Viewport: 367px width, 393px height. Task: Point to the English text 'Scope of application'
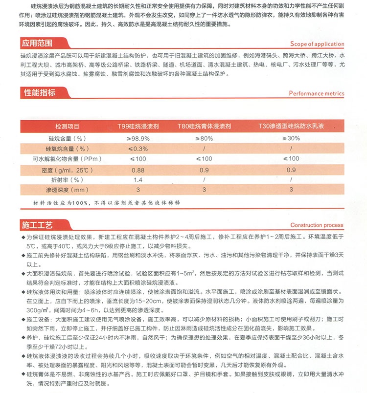317,44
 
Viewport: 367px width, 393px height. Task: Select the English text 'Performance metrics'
316,93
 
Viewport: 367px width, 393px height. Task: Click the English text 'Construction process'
317,225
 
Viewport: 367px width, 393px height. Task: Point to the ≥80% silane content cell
204,138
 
